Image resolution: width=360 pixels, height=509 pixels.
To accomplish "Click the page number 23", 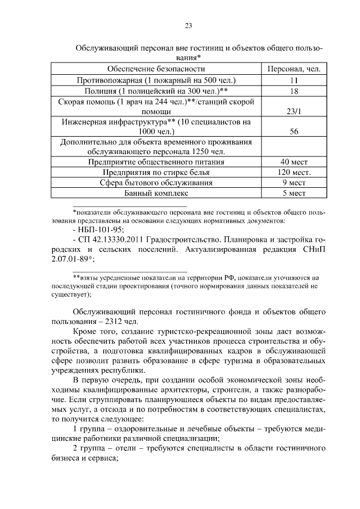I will [188, 25].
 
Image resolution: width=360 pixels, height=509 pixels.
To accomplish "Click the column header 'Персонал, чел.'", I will [293, 69].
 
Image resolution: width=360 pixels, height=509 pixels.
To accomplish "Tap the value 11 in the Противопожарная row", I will [293, 80].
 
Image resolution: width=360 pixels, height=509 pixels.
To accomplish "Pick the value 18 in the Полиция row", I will [293, 91].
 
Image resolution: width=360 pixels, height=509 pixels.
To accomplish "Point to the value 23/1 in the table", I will [293, 112].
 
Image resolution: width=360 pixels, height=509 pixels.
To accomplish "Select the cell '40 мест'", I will [293, 162].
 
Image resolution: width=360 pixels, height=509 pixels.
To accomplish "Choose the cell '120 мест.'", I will [293, 172].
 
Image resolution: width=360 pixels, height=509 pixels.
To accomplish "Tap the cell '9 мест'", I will [293, 183].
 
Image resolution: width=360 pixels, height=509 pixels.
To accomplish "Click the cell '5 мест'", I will [293, 193].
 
